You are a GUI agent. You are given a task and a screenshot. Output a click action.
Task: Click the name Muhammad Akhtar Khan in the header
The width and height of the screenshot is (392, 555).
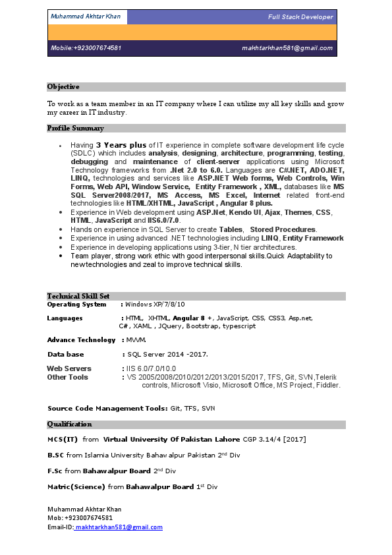(x=85, y=16)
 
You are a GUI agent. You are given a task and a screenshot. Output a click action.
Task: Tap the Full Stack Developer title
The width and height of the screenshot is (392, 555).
(x=300, y=16)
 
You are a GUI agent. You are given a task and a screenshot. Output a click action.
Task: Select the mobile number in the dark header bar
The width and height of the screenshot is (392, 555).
(x=86, y=48)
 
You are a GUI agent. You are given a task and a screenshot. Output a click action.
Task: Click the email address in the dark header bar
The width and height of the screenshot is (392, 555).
(x=287, y=48)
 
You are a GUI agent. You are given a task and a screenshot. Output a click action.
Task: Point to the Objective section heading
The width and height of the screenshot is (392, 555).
(x=63, y=86)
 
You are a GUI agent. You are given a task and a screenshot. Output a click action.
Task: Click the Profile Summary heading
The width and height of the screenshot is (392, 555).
(x=75, y=128)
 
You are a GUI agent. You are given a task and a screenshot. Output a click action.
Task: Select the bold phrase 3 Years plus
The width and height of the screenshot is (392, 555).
(x=121, y=145)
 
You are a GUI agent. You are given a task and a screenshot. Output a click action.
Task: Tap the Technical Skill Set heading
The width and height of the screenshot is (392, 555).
(x=78, y=296)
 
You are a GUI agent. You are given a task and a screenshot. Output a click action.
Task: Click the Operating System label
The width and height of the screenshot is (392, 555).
(x=76, y=305)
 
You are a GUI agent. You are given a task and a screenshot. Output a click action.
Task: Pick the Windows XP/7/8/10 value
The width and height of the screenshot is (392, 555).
(x=155, y=305)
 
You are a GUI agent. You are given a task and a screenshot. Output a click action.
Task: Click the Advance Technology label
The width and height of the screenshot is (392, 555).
(x=81, y=340)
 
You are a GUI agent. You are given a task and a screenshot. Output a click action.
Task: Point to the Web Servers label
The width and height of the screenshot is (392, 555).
(x=69, y=368)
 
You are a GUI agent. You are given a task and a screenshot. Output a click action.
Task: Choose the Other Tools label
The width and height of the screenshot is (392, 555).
(x=67, y=377)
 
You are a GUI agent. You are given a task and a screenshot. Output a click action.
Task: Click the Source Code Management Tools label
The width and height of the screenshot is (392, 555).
(x=107, y=409)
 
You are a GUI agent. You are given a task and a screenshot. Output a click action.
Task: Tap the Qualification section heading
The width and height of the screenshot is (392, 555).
(x=69, y=424)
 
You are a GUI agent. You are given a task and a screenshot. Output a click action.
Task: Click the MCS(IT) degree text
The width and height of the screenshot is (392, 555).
(x=63, y=439)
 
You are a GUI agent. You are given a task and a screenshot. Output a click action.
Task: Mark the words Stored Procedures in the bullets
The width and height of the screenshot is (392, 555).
(x=283, y=229)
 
